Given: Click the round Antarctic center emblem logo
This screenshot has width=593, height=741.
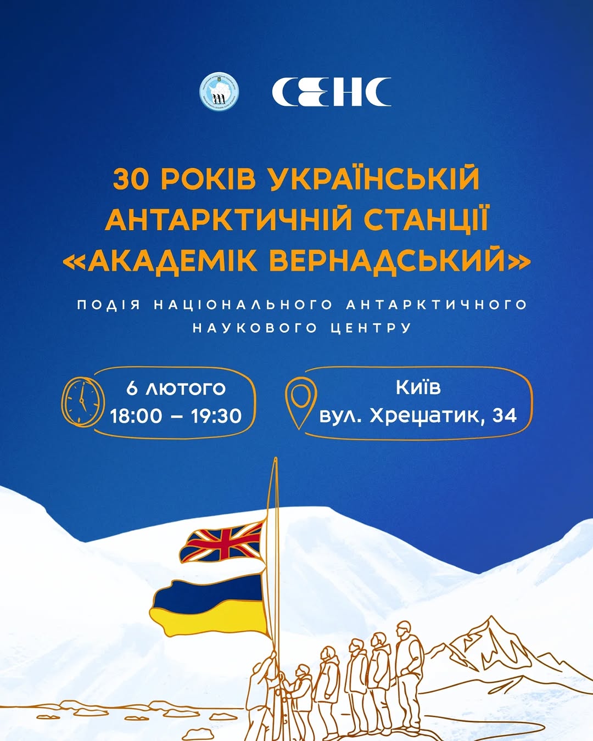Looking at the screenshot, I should click(x=219, y=91).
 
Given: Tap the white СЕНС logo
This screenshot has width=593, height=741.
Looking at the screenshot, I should click(x=332, y=92).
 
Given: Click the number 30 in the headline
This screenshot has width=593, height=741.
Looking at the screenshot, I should click(x=131, y=179).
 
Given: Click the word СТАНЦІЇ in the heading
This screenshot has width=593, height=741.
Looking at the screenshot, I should click(x=426, y=220).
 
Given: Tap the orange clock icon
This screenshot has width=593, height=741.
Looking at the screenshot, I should click(x=82, y=401).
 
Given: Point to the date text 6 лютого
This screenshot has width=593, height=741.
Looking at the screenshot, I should click(x=176, y=388).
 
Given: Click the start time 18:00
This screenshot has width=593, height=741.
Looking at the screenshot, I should click(x=136, y=416).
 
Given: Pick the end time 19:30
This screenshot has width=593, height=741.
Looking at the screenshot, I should click(x=216, y=416).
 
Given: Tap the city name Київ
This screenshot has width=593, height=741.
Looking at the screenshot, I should click(x=418, y=387).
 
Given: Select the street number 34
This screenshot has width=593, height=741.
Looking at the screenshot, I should click(x=504, y=415).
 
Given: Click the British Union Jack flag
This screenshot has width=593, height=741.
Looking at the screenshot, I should click(x=222, y=542).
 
